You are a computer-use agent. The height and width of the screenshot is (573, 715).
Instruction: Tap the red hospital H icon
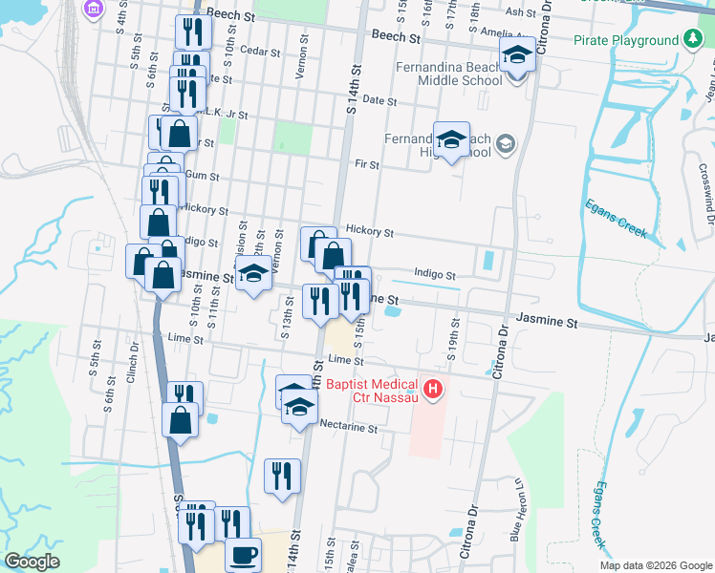coord(433,389)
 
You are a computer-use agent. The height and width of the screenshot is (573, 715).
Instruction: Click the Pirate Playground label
coord(626,41)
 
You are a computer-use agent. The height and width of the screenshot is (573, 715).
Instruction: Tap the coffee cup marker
coord(243,554)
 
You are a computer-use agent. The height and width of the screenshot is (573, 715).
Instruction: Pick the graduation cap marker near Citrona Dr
coord(517,54)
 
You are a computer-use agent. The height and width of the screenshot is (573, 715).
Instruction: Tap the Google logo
coord(32,562)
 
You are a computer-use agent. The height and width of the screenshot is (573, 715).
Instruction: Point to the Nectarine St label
coord(349,428)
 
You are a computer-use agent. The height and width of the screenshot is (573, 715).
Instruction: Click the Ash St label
coord(521,12)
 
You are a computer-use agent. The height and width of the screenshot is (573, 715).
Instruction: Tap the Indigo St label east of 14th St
coord(435,275)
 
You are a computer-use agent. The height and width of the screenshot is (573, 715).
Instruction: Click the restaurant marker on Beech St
coord(194,32)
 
